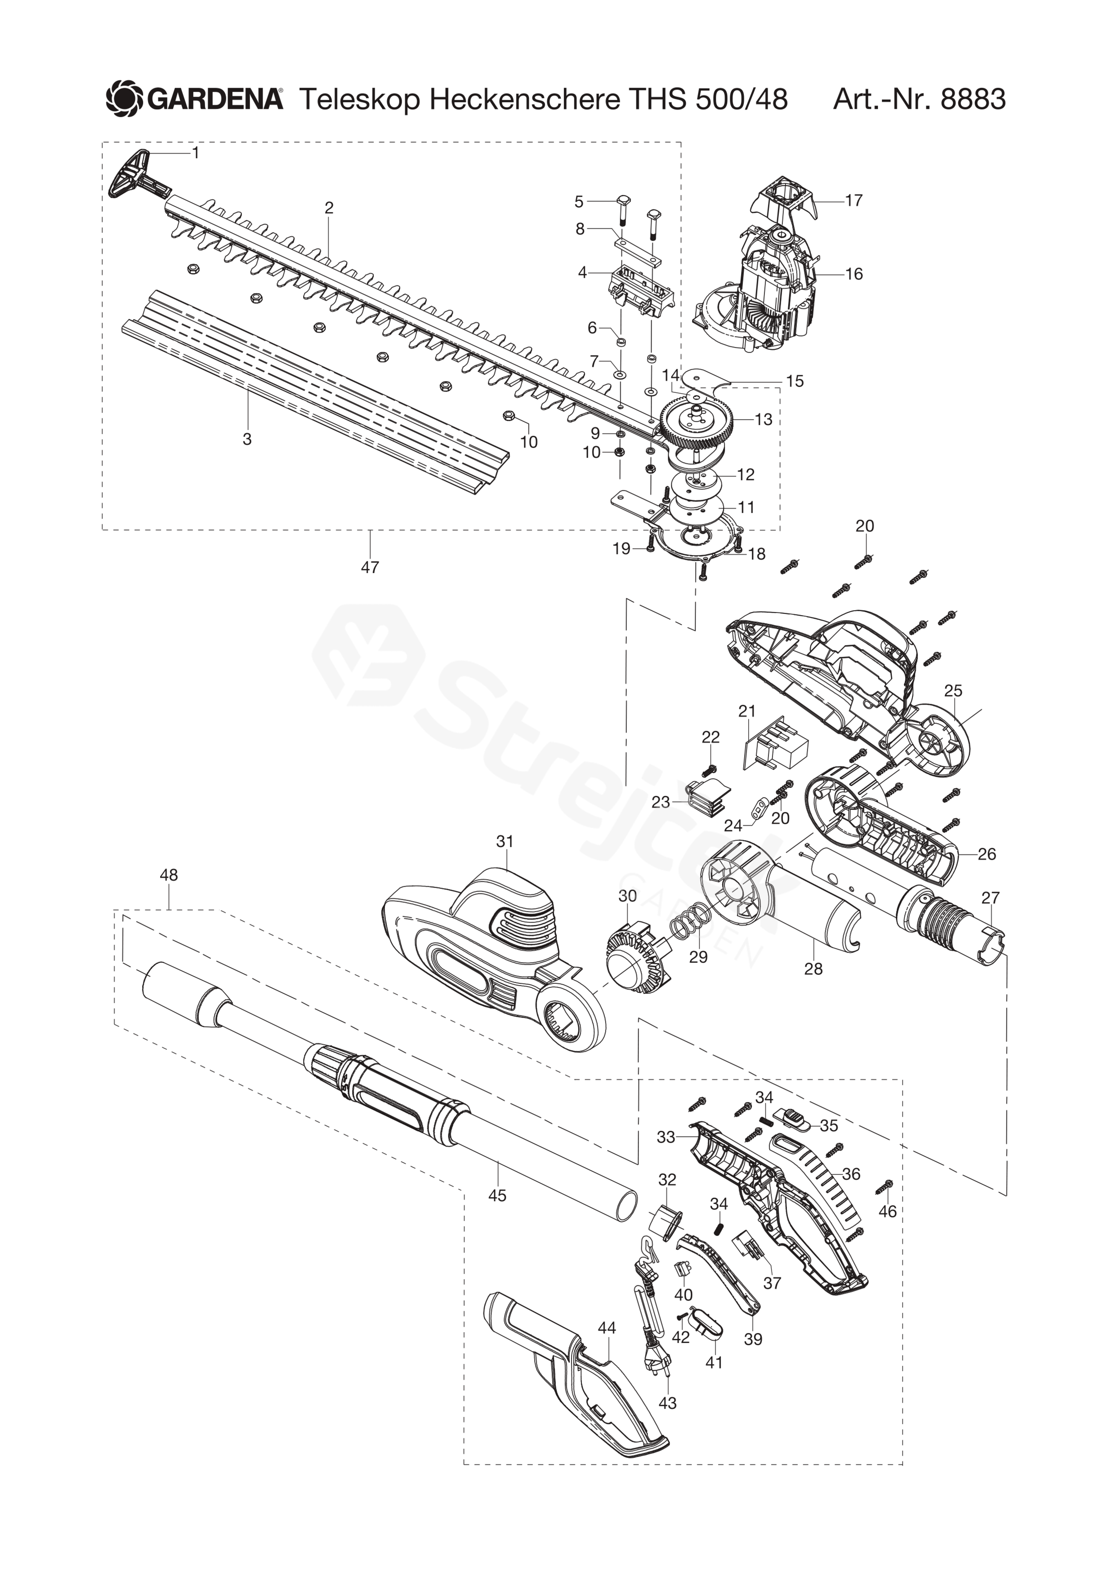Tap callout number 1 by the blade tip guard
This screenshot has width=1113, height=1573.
point(196,153)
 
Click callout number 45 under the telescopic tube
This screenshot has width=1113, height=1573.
point(497,1195)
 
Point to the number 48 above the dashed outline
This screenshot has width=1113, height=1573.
point(169,875)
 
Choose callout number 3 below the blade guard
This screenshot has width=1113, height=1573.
point(247,439)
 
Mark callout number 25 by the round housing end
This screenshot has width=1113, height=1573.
point(953,691)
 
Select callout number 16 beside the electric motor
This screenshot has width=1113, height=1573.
point(854,274)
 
